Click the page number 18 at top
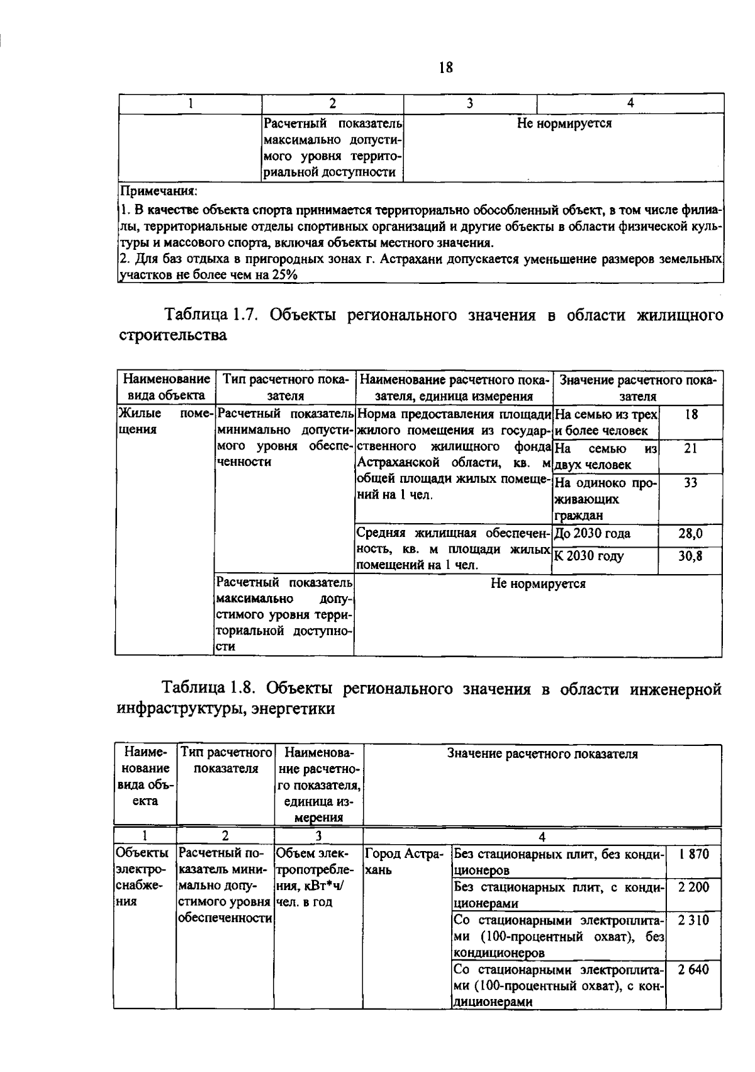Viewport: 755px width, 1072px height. (x=445, y=67)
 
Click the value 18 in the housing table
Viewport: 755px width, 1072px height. (x=690, y=414)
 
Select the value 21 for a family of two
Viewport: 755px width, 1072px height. (x=690, y=448)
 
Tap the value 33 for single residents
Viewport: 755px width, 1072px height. (x=690, y=483)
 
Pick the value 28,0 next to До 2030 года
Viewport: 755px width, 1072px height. (x=690, y=534)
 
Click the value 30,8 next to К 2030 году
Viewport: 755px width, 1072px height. (x=690, y=556)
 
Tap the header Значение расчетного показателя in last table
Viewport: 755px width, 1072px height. (x=542, y=753)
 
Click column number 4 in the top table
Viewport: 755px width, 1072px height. (x=630, y=103)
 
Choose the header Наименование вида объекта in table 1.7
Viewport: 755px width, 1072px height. (x=165, y=387)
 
